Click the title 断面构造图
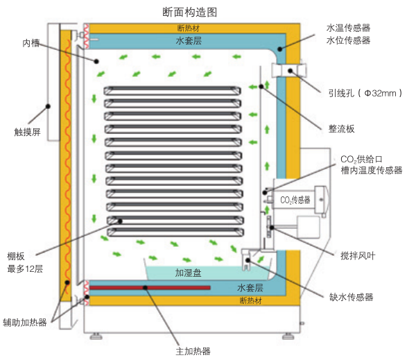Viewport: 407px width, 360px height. pos(189,12)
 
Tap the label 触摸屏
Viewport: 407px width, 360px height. pos(28,132)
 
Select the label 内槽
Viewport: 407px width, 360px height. pos(31,43)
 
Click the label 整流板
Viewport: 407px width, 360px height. pos(341,128)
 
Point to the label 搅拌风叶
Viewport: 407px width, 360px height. pos(358,256)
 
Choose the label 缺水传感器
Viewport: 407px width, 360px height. pos(352,297)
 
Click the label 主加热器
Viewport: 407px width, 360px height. pos(193,351)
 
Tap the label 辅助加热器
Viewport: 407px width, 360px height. pos(25,323)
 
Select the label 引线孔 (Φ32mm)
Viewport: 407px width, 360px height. pos(365,93)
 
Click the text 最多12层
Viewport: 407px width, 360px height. pos(25,268)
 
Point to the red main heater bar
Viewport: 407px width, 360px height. pos(150,288)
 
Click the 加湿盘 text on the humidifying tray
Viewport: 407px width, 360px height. pos(188,273)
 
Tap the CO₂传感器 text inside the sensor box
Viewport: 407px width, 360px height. pos(295,200)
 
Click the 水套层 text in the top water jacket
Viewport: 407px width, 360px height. pos(189,40)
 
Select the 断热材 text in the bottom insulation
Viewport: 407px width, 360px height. pos(251,300)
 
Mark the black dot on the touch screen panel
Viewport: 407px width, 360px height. pos(48,106)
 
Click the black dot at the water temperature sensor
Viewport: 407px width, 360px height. pos(280,49)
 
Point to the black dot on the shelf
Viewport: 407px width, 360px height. pos(120,221)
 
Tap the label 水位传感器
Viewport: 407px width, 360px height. pos(348,40)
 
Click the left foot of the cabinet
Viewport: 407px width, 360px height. pos(96,336)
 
